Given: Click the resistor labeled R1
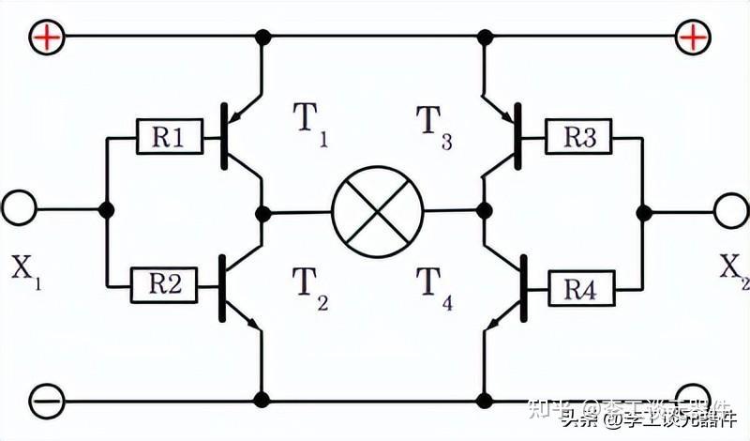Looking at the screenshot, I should pyautogui.click(x=167, y=139).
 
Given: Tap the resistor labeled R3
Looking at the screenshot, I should pyautogui.click(x=579, y=139).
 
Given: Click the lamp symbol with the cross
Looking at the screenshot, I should pyautogui.click(x=377, y=210).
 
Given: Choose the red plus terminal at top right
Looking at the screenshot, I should pyautogui.click(x=692, y=37).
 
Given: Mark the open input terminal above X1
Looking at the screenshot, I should pyautogui.click(x=21, y=209).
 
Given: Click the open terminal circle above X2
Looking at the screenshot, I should pyautogui.click(x=730, y=209).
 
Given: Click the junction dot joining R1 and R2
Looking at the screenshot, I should pyautogui.click(x=107, y=209).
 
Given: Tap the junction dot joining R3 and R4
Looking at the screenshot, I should pyautogui.click(x=642, y=211).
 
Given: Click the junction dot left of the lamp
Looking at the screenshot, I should pyautogui.click(x=265, y=210).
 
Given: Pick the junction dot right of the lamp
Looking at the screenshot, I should pyautogui.click(x=485, y=208).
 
